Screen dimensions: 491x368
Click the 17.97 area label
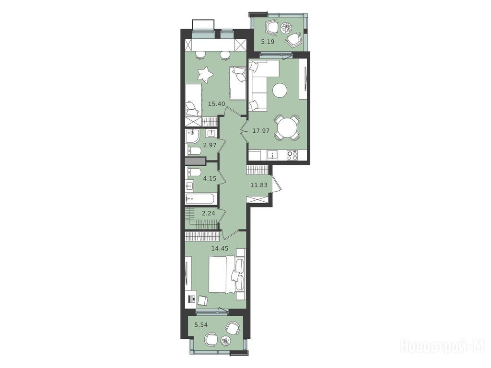261,131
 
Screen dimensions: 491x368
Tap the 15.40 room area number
216,103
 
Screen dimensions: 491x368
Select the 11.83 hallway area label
259,185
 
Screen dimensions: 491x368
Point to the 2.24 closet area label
208,213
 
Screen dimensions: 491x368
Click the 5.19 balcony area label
268,41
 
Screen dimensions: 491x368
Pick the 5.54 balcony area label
201,325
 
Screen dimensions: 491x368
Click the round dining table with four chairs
287,127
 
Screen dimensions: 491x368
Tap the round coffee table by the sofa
280,91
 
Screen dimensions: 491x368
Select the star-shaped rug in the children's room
205,75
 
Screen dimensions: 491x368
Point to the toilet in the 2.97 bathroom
194,150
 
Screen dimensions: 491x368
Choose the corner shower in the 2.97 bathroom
192,136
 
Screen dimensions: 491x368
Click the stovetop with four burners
292,155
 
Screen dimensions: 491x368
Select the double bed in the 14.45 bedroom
227,275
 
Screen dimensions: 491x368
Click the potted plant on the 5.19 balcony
286,28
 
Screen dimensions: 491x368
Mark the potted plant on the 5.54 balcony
225,341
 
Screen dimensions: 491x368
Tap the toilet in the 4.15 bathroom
194,172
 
